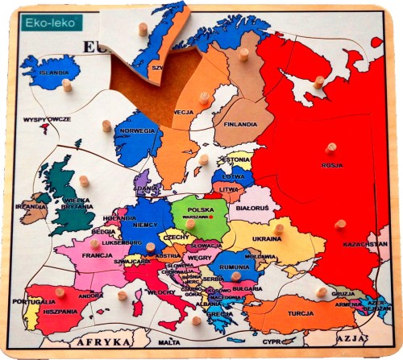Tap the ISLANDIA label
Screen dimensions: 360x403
coord(54,72)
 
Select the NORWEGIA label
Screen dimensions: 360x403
coord(137,130)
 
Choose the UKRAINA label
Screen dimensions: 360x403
coord(267,239)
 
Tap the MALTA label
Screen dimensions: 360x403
coord(169,342)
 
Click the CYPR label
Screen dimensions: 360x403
coord(273,341)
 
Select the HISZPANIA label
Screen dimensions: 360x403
coord(61,311)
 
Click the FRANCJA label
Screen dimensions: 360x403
coord(97,254)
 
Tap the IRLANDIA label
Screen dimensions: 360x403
coord(33,206)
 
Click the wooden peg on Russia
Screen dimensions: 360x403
coord(330,148)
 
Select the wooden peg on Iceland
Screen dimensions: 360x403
coord(67,84)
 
